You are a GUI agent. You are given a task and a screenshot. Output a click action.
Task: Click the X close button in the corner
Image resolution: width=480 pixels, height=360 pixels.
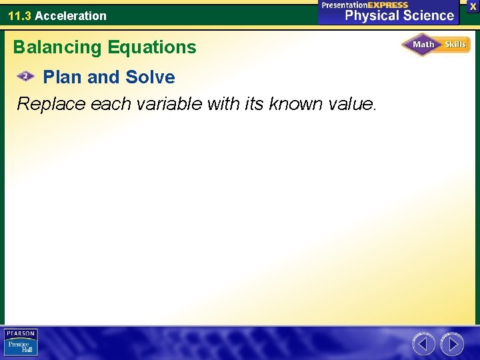[x=472, y=6]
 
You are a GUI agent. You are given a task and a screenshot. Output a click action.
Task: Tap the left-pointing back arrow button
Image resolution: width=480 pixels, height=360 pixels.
[x=423, y=344]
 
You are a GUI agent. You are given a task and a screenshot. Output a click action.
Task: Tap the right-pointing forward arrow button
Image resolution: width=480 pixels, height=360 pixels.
[x=452, y=344]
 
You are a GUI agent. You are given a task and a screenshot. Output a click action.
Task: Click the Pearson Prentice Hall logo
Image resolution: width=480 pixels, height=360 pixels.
[x=21, y=342]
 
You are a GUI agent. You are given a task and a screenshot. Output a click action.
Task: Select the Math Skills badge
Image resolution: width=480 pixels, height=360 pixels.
[x=435, y=45]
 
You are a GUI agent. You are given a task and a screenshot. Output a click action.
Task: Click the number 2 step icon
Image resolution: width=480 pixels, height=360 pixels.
[x=25, y=77]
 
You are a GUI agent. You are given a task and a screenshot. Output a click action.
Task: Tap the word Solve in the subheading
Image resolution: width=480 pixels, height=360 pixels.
[x=150, y=77]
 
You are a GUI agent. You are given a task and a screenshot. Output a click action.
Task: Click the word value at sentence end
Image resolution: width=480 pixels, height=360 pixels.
[x=351, y=104]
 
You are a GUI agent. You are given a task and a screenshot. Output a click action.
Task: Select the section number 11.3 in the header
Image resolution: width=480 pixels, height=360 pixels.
[x=19, y=15]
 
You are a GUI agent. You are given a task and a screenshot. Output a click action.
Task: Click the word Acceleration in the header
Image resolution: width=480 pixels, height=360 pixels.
[x=71, y=15]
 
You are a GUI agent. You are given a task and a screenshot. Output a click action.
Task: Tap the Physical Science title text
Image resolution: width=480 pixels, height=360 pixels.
[x=399, y=15]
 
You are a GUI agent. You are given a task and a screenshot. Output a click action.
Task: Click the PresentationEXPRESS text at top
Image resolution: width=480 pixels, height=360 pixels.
[x=365, y=5]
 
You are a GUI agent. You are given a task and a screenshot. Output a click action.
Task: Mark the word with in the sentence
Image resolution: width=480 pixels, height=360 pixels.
[x=223, y=104]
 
